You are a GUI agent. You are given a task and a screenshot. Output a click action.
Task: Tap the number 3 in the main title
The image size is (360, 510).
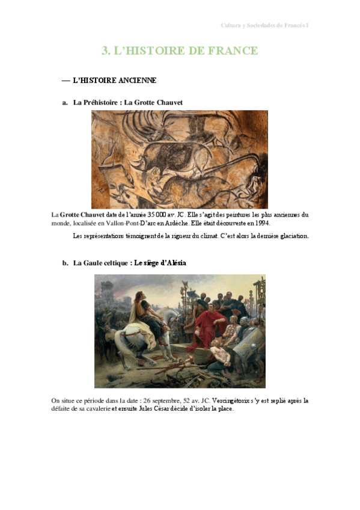[x=105, y=51]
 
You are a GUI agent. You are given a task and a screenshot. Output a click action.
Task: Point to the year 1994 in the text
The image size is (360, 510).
[x=262, y=223]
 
